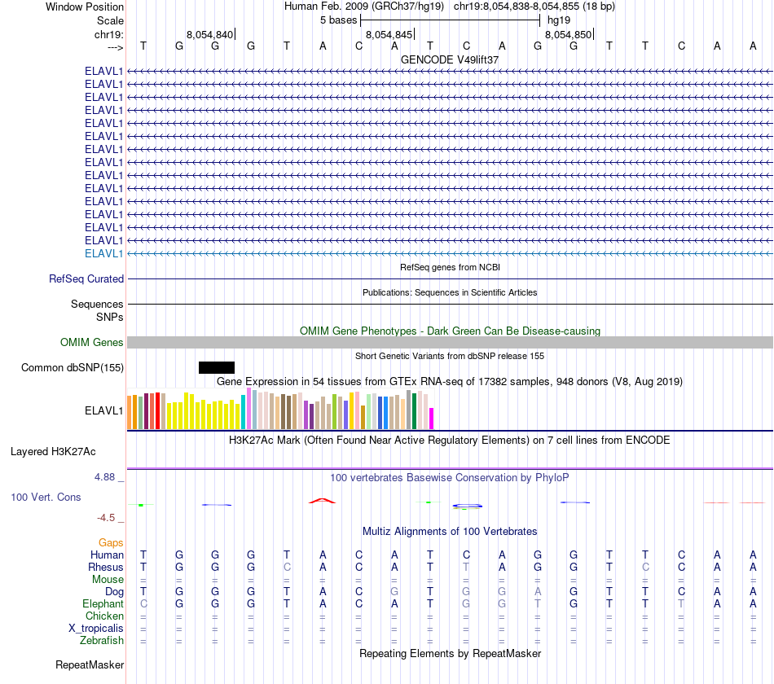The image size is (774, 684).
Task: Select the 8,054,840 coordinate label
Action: point(210,35)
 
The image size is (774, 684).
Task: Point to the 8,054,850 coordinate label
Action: point(569,35)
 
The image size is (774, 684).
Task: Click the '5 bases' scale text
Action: point(337,20)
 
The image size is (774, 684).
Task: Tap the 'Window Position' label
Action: point(85,7)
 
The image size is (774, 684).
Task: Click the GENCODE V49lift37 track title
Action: point(450,59)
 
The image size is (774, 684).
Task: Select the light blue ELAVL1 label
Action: point(104,253)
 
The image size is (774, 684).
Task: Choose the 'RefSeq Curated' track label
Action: point(86,278)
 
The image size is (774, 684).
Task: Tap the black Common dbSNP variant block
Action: point(217,367)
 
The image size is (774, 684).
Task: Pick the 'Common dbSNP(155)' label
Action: point(73,367)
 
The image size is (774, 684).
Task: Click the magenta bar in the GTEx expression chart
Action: point(432,418)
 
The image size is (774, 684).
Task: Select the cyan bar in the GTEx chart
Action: point(244,412)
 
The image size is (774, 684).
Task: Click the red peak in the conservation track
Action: point(321,500)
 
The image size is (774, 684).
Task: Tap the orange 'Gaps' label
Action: point(111,542)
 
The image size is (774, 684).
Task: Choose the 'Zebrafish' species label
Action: point(103,640)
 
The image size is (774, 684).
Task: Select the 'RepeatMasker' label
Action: point(90,665)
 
